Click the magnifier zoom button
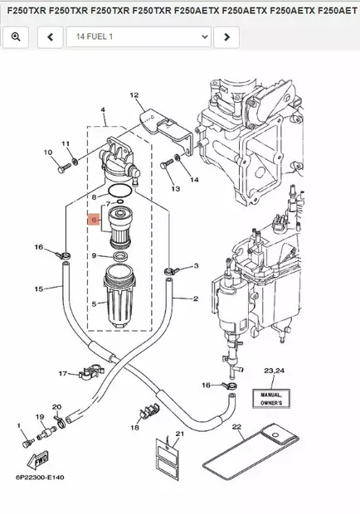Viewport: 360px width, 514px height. point(17,37)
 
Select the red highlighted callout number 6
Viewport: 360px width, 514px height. point(95,221)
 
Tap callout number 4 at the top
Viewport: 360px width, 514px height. point(103,110)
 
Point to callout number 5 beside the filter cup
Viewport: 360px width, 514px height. point(94,304)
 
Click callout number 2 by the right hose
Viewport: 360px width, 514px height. point(195,298)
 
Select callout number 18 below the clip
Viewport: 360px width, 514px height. point(134,427)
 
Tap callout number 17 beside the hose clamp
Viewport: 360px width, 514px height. point(62,374)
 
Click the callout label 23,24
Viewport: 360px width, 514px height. point(274,370)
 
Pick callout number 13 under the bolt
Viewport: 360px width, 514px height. point(175,189)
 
